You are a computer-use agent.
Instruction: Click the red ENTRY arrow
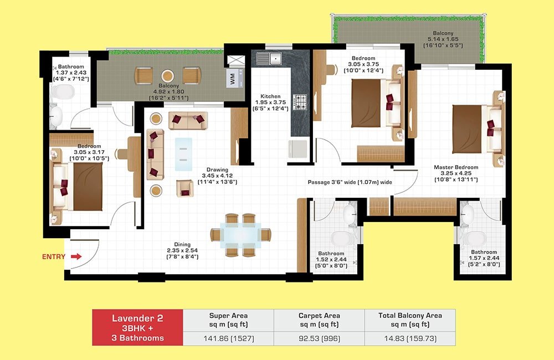pyautogui.click(x=76, y=256)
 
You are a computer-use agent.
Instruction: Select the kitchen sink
pyautogui.click(x=269, y=58)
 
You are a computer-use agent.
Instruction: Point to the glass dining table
pyautogui.click(x=240, y=235)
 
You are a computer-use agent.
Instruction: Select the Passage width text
pyautogui.click(x=350, y=182)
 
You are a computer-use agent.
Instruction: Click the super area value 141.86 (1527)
pyautogui.click(x=229, y=338)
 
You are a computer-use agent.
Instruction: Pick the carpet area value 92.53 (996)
pyautogui.click(x=320, y=338)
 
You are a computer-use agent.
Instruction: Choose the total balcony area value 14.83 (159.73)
pyautogui.click(x=410, y=338)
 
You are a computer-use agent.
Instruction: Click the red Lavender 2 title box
pyautogui.click(x=138, y=327)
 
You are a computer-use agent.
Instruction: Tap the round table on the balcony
pyautogui.click(x=167, y=76)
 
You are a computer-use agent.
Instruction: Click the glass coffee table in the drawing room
pyautogui.click(x=184, y=155)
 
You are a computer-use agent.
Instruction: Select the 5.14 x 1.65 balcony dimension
pyautogui.click(x=443, y=39)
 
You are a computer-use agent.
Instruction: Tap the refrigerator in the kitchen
pyautogui.click(x=297, y=149)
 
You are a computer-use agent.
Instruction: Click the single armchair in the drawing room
pyautogui.click(x=185, y=188)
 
